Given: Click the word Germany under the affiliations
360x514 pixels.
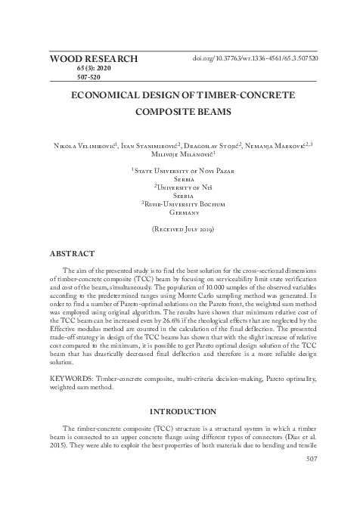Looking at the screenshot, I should pos(179,214).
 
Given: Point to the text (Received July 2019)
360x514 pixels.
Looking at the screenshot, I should pos(179,228).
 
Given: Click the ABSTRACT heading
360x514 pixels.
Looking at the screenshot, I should pos(72,254).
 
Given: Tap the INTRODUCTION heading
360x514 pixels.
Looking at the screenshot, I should pos(179,412).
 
